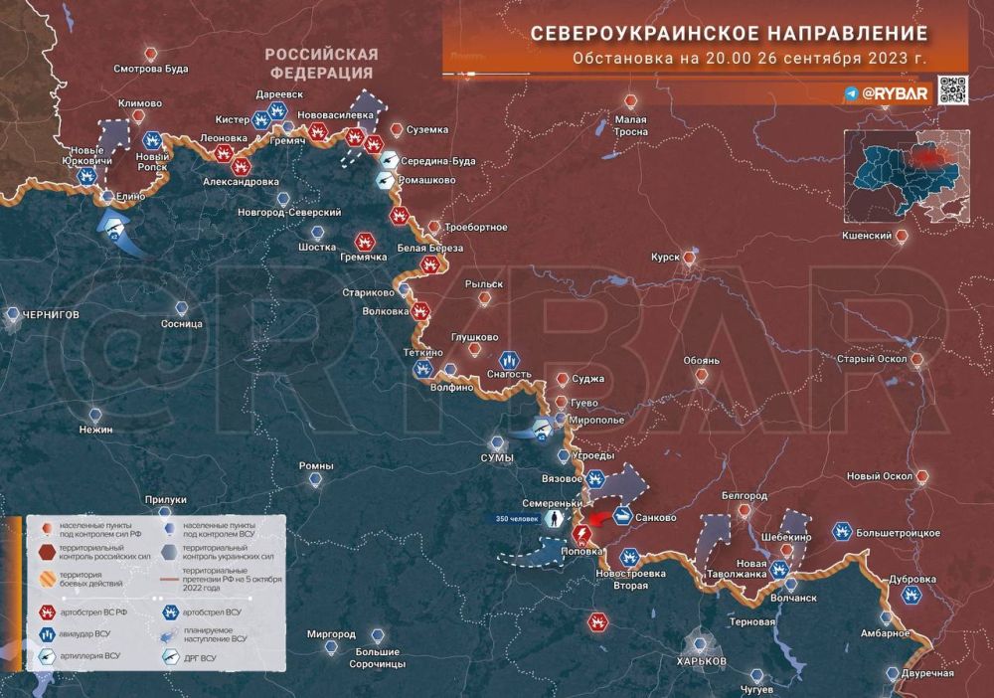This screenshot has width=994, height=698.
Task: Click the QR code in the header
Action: (x=953, y=90)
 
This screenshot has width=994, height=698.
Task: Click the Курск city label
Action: (x=664, y=258)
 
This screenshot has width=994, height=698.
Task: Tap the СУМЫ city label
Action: (x=497, y=457)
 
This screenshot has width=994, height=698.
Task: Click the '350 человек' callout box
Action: (x=517, y=518)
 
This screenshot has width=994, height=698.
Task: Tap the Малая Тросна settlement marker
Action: (x=630, y=100)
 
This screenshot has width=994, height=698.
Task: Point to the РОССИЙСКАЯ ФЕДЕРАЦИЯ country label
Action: (x=321, y=63)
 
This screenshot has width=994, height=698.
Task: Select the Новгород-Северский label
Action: (x=289, y=213)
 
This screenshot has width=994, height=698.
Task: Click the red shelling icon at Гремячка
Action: (x=365, y=241)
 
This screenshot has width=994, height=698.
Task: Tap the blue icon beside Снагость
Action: (x=507, y=358)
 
